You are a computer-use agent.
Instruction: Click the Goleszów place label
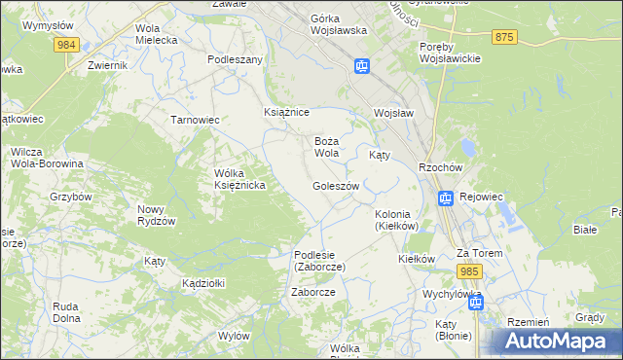coord(336,186)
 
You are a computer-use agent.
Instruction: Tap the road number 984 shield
coord(67,45)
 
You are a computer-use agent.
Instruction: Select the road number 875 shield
coord(502,37)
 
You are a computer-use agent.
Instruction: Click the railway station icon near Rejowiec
coord(445,199)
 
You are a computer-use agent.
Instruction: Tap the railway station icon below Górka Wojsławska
coord(362,66)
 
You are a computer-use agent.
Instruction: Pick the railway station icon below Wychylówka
coord(476,304)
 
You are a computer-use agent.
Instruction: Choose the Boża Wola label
coord(326,147)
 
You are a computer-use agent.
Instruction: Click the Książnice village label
coord(286,113)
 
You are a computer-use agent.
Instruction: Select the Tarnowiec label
coord(195,120)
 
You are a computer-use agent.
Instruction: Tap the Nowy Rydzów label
coord(156,215)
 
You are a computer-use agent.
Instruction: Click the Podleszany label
coord(235,59)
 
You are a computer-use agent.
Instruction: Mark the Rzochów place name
coord(438,166)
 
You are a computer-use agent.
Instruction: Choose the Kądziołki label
coord(203,283)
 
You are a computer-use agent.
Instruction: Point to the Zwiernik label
coord(107,65)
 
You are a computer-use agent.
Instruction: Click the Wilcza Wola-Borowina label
coord(47,158)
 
